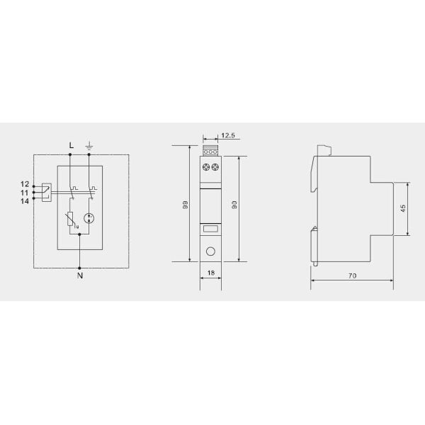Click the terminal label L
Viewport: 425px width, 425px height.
click(x=71, y=145)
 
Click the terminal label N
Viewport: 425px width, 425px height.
click(x=79, y=276)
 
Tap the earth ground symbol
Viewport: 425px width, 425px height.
click(x=89, y=145)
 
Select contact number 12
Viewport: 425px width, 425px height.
click(x=24, y=185)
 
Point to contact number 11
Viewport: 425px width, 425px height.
click(x=24, y=193)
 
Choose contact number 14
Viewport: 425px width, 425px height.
click(x=24, y=200)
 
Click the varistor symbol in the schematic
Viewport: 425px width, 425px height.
click(x=69, y=221)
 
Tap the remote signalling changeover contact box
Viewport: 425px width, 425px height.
click(x=45, y=192)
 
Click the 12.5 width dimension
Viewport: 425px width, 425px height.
click(x=227, y=135)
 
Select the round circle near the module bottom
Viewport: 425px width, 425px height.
click(x=210, y=251)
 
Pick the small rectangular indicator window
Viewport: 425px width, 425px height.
click(x=210, y=229)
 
